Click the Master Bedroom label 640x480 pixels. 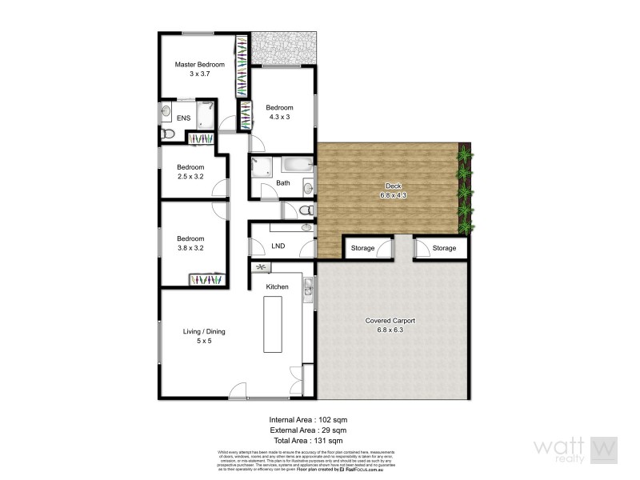(x=199, y=64)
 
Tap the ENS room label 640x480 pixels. (x=183, y=118)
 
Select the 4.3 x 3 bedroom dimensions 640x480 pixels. (x=279, y=118)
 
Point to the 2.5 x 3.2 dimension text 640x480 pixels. (x=191, y=177)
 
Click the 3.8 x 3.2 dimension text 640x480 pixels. (x=190, y=248)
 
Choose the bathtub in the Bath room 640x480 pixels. (x=297, y=166)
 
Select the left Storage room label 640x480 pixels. (x=362, y=248)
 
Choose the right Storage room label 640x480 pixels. (x=444, y=248)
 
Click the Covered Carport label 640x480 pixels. (x=390, y=320)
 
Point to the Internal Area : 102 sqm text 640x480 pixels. (x=308, y=419)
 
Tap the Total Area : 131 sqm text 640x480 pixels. (x=308, y=441)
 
